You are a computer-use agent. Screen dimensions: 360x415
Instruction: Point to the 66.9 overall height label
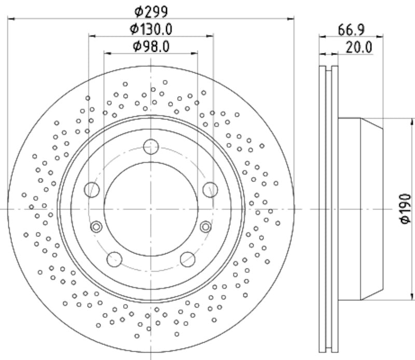351,30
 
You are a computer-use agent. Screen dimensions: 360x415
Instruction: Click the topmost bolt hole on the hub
151,147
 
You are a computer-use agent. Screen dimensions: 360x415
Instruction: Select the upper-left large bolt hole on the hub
92,190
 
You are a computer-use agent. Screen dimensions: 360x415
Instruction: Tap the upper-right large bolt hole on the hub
210,190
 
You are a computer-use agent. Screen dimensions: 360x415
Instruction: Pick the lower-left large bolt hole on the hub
114,258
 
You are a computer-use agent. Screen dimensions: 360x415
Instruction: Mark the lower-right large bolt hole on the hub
187,258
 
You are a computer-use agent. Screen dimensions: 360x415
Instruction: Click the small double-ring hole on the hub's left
96,227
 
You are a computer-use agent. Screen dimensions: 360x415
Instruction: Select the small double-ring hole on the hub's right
205,227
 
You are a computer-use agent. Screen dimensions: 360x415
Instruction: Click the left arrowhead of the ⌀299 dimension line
11,19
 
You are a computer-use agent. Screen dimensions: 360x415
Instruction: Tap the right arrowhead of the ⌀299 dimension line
291,19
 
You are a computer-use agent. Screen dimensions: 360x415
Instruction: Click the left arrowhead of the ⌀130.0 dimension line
92,36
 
